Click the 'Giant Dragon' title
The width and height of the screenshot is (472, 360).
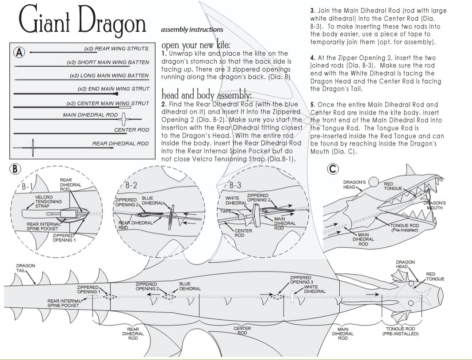click(82, 22)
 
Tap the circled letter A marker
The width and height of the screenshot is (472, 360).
click(19, 52)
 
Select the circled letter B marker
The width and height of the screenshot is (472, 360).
click(15, 169)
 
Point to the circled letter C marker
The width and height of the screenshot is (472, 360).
click(333, 169)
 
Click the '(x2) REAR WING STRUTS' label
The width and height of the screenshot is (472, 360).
click(116, 49)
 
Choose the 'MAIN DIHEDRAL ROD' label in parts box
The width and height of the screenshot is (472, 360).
click(90, 115)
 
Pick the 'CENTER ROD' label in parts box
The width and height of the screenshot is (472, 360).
click(131, 130)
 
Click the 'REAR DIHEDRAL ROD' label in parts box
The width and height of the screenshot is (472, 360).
click(120, 143)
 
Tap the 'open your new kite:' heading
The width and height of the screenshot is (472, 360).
click(196, 46)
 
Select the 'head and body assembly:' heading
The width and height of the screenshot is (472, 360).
click(207, 95)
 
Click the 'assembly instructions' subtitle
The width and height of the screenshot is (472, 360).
click(192, 30)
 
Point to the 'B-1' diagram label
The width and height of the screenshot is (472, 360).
click(27, 186)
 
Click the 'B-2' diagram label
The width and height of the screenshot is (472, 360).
click(131, 185)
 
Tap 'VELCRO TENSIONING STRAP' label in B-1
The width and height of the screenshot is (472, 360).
click(48, 202)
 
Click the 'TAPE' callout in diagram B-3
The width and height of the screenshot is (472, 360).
click(226, 211)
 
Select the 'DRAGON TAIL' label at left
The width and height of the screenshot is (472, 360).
click(25, 268)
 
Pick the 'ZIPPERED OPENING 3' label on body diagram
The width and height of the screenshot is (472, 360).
click(301, 280)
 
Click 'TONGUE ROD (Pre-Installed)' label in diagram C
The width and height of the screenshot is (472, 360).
click(405, 227)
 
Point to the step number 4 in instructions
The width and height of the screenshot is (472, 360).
click(312, 58)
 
